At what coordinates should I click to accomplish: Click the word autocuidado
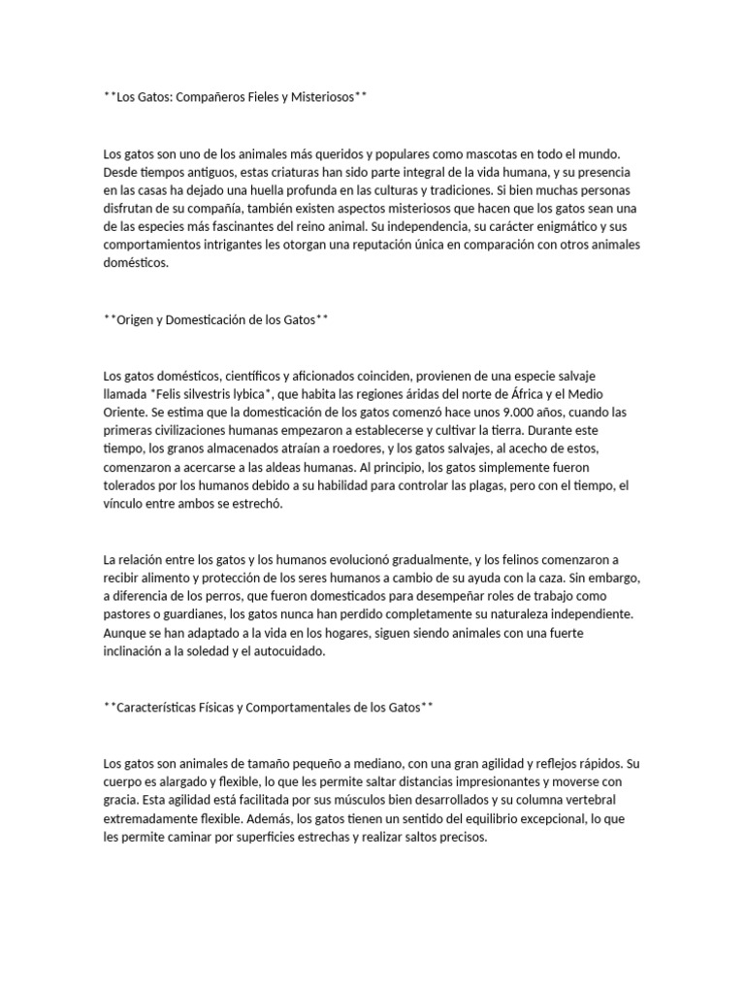(288, 651)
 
